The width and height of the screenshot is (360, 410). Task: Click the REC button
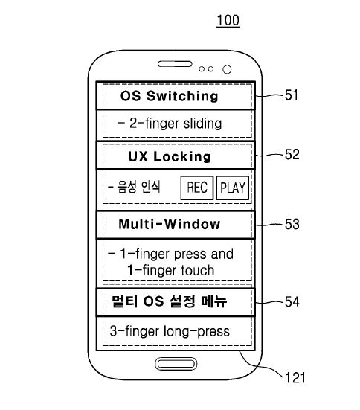197,188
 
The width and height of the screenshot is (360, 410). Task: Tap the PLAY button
233,188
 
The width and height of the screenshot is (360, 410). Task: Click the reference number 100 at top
228,20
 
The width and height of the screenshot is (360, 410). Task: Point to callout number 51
292,95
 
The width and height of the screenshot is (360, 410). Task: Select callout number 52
292,154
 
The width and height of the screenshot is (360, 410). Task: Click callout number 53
292,224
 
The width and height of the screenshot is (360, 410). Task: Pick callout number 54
292,301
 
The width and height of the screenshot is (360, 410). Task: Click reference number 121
295,378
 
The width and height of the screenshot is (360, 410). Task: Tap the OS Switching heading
169,96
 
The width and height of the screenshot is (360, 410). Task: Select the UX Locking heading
170,156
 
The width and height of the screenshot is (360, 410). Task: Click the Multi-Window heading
170,224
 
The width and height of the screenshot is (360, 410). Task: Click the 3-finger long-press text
170,331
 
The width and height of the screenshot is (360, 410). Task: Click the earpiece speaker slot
175,64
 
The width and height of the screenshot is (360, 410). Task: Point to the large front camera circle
227,69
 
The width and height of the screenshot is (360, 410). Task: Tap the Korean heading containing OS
169,301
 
